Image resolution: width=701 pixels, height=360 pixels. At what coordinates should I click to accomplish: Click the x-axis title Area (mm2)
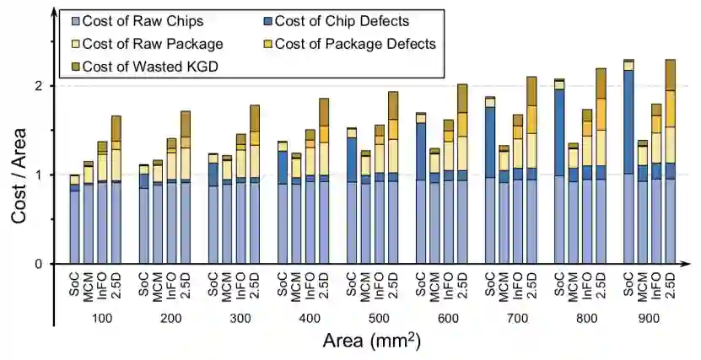(371, 341)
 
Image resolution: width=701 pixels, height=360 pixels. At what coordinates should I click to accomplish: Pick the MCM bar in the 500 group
(365, 207)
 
